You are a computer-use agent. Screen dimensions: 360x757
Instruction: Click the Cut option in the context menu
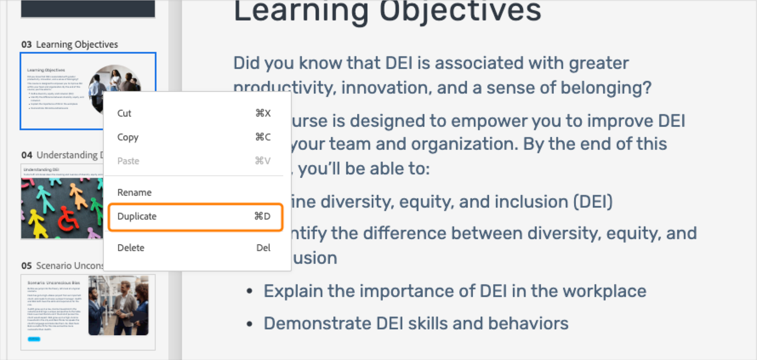point(124,113)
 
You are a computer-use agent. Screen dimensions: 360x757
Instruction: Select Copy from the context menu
point(128,137)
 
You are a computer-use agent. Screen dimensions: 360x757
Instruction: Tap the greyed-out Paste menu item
point(128,161)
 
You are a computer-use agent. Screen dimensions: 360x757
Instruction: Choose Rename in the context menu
point(134,192)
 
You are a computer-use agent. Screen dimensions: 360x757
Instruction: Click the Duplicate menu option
point(137,216)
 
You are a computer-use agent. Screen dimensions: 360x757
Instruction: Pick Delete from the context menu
point(131,248)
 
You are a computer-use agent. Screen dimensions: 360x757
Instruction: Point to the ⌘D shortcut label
point(262,216)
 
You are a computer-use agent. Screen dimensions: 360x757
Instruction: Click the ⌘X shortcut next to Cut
point(263,113)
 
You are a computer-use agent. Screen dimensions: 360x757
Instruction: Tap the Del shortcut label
point(263,248)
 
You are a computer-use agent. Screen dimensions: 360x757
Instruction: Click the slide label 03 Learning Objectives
point(70,44)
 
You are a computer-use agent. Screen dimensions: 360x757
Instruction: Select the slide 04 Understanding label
point(62,155)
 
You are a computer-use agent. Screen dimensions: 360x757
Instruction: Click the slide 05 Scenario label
point(62,266)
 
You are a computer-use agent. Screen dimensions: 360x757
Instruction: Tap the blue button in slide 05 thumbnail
point(34,339)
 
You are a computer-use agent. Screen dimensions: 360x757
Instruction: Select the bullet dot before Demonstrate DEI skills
point(250,324)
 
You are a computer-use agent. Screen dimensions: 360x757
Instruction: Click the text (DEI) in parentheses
point(593,202)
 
